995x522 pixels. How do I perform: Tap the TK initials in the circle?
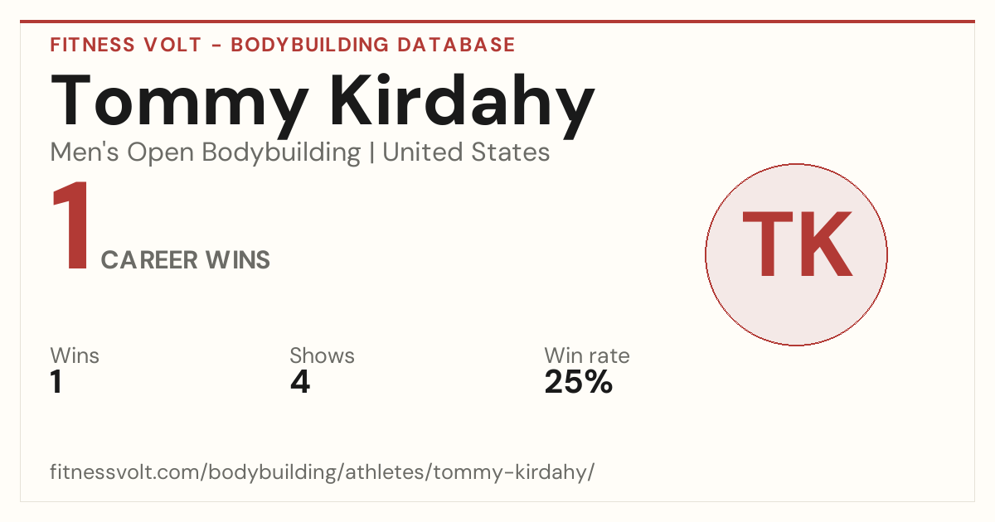click(797, 244)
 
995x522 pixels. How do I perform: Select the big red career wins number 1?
click(71, 225)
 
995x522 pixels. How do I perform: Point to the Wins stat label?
click(75, 355)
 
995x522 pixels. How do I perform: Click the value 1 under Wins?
click(56, 381)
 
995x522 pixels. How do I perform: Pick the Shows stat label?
click(322, 355)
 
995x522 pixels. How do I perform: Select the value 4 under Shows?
click(300, 381)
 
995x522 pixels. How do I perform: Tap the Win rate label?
click(587, 355)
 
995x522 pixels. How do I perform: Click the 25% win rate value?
click(579, 381)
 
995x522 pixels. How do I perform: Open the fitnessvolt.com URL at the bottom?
click(322, 471)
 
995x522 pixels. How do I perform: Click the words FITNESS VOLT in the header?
click(126, 45)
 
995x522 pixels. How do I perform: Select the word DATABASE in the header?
click(456, 45)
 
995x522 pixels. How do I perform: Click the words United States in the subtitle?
click(466, 152)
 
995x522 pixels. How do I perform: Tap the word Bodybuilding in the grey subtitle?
click(281, 153)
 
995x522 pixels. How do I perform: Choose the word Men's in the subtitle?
click(85, 152)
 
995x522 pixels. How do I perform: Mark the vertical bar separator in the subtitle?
click(371, 152)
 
